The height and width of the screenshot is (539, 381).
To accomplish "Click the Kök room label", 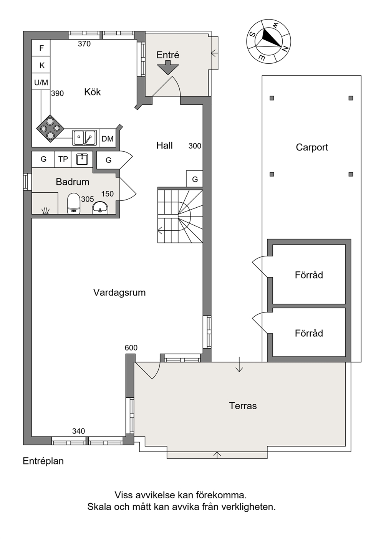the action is pos(93,92).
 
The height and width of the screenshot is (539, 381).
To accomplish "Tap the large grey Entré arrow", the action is pos(168,68).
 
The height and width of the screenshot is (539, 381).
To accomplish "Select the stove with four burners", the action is pos(50,129).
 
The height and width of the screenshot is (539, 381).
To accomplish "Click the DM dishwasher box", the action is pos(107,139).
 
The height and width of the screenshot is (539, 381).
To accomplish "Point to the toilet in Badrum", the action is pos(73,203).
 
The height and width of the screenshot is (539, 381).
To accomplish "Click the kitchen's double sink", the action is pos(84,138).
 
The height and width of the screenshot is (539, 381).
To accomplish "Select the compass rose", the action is pos(268,42).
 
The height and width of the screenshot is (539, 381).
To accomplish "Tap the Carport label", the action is pos(312,147).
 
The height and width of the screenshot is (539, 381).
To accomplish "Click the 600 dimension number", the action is pos(131,348).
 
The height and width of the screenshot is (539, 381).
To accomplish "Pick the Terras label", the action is pos(243,406).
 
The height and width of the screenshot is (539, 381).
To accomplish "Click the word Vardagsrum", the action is pos(119,293).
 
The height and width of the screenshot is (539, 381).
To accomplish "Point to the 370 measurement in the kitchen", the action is pos(84,44).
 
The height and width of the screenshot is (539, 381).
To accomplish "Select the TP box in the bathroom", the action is pos(63,159).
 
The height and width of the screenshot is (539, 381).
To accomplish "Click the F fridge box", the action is pos(41,48).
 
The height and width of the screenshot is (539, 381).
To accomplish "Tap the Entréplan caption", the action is pos(43,461).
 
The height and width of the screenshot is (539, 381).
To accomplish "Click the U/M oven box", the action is pos(41,83).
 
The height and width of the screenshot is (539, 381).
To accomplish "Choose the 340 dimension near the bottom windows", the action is pos(79,431).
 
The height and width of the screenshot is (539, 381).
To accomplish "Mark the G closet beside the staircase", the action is pos(195,179).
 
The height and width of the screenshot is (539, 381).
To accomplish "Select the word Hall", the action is pos(164,145).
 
